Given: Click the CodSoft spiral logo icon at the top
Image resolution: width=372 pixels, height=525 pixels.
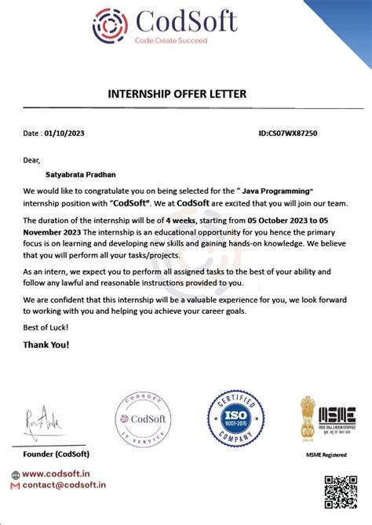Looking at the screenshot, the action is (x=110, y=26).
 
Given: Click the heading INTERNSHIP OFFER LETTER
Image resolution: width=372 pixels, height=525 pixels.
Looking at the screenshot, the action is (x=177, y=94).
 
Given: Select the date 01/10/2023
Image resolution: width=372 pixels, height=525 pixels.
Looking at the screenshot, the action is (x=65, y=133).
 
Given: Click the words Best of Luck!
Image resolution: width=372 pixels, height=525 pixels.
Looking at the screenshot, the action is (x=46, y=326).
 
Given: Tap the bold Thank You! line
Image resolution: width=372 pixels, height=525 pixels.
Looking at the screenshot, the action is (x=46, y=344).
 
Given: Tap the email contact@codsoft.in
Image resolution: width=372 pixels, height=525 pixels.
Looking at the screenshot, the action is (x=64, y=486).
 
